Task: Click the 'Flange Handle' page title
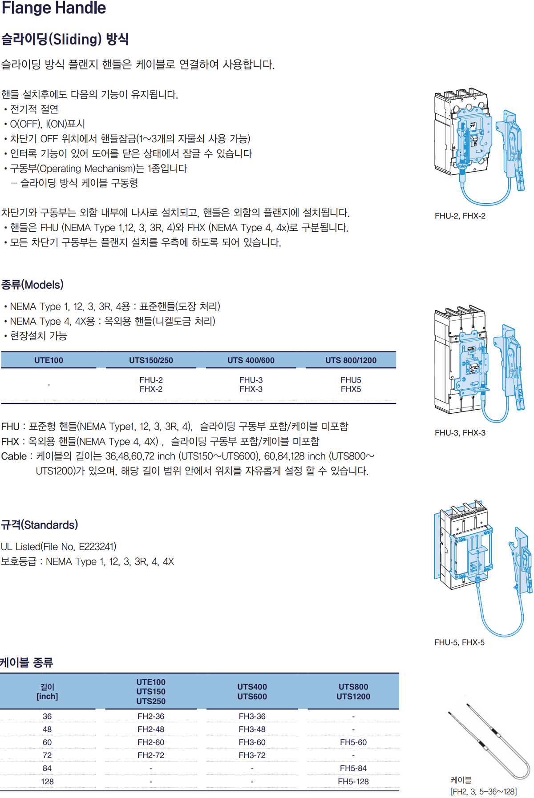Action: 54,8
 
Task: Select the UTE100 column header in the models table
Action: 49,360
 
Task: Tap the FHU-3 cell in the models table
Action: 251,380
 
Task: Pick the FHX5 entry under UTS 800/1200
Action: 351,389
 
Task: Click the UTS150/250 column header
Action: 151,360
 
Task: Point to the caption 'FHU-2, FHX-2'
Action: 460,216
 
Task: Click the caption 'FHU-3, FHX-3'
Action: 460,433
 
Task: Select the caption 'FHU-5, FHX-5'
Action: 459,642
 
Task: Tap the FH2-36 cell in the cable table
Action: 151,717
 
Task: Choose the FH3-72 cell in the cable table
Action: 252,755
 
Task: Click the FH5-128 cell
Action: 353,782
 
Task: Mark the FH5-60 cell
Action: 353,742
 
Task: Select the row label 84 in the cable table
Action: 47,768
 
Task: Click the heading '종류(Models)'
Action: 32,285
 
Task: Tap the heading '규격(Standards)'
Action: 40,525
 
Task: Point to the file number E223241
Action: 97,547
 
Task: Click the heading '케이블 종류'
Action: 27,663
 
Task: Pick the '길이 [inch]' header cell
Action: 47,692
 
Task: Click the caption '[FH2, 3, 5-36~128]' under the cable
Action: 484,792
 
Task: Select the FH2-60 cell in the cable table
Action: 151,742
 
